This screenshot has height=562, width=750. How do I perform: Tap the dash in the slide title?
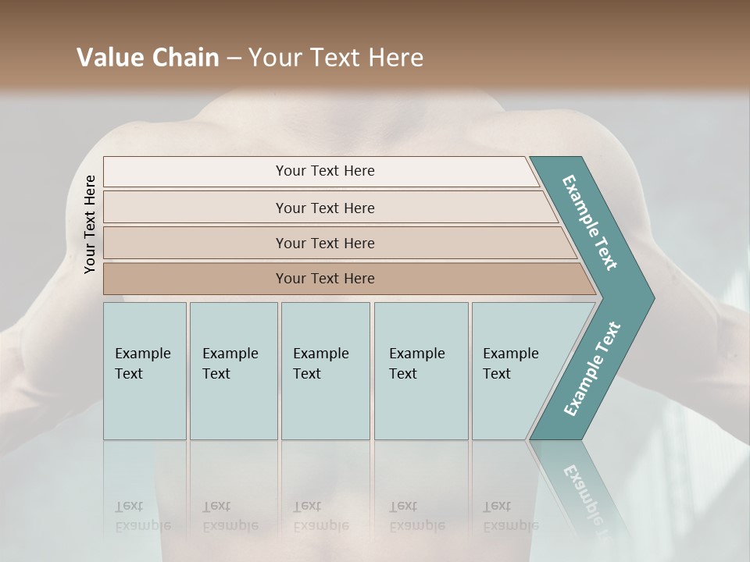pos(234,59)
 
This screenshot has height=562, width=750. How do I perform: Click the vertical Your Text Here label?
pos(90,224)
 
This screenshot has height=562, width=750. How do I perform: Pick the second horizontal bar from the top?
pos(324,208)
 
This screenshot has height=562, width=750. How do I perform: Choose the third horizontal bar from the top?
pos(324,243)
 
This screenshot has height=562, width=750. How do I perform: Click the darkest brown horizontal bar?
pos(324,279)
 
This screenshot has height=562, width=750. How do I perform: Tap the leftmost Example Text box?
pos(145,371)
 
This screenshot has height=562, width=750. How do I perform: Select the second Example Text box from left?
pos(233,371)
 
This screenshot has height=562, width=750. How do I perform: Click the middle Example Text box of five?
pos(325,371)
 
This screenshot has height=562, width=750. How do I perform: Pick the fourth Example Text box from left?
pos(420,371)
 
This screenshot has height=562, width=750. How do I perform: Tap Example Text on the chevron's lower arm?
pos(591,369)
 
